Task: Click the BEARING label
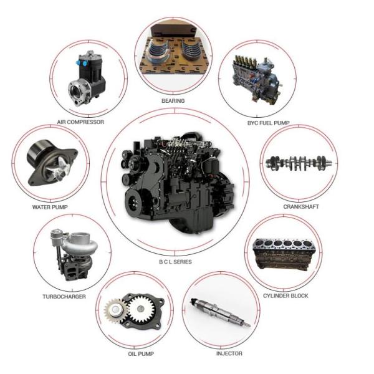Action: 173,101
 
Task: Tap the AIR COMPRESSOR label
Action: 80,122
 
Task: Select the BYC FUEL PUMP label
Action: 268,123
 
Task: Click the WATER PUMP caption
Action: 50,207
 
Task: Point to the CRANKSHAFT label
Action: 301,206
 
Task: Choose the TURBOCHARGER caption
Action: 64,297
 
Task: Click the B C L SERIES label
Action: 175,262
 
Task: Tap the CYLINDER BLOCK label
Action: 285,295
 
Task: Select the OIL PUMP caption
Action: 141,354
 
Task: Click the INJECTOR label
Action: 229,353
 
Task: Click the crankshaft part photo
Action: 299,163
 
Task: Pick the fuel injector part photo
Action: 220,313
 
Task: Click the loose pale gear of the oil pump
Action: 115,310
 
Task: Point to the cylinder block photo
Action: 284,254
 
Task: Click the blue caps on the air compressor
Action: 81,63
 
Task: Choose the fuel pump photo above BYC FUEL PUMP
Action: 256,79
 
